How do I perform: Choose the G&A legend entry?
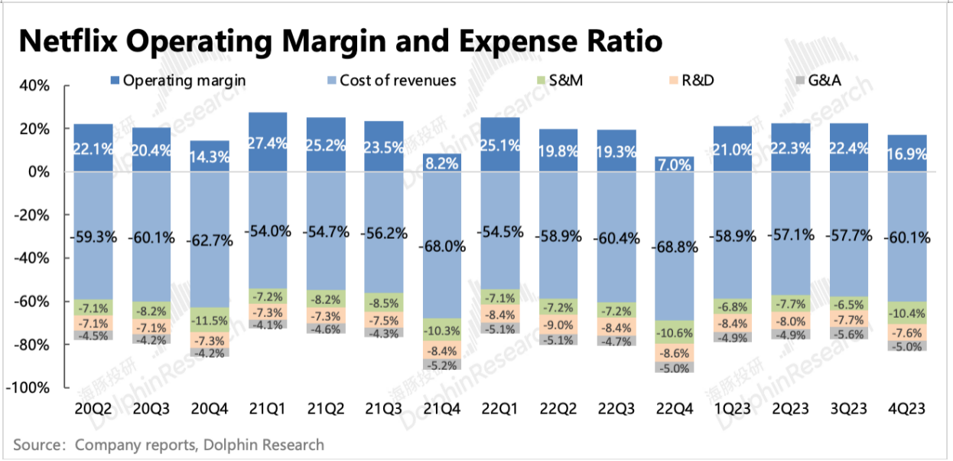coord(831,80)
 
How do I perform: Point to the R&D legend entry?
coord(694,80)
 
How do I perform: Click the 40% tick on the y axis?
coord(34,86)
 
